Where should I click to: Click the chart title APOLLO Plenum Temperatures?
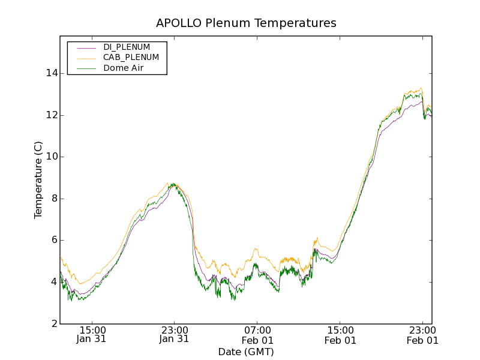pyautogui.click(x=246, y=23)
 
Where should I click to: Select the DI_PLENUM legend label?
pyautogui.click(x=127, y=47)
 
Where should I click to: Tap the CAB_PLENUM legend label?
pyautogui.click(x=131, y=58)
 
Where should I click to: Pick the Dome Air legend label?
pyautogui.click(x=124, y=68)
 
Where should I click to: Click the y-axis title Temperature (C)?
pyautogui.click(x=38, y=180)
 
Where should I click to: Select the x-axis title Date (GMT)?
pyautogui.click(x=246, y=352)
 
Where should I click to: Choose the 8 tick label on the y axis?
pyautogui.click(x=53, y=199)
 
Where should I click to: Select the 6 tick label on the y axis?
pyautogui.click(x=53, y=240)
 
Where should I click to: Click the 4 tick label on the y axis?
pyautogui.click(x=53, y=282)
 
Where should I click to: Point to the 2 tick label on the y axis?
pyautogui.click(x=53, y=323)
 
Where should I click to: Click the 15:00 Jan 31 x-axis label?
pyautogui.click(x=92, y=335)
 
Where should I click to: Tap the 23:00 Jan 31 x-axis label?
pyautogui.click(x=175, y=335)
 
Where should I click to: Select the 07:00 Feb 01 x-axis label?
pyautogui.click(x=257, y=335)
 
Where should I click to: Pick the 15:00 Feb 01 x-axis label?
pyautogui.click(x=340, y=335)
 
